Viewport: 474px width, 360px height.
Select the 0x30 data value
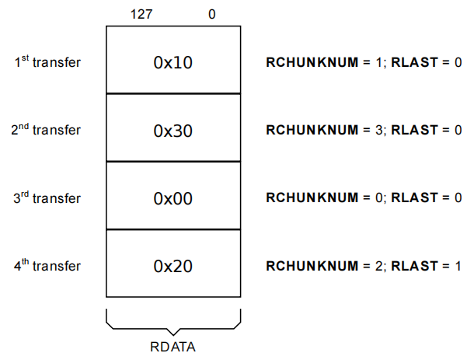tap(173, 131)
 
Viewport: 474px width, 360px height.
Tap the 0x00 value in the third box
tap(173, 198)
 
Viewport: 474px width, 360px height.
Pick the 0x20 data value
tap(173, 266)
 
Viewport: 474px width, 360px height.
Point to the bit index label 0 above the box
tap(212, 14)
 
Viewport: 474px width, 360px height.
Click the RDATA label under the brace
tap(173, 347)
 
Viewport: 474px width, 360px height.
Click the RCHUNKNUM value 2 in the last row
tap(379, 266)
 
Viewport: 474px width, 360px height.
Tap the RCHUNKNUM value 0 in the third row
tap(379, 198)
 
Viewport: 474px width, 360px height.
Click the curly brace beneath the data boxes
tap(173, 323)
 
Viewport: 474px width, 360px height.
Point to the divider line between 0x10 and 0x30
tap(173, 94)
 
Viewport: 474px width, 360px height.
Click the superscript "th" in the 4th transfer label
tap(25, 260)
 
